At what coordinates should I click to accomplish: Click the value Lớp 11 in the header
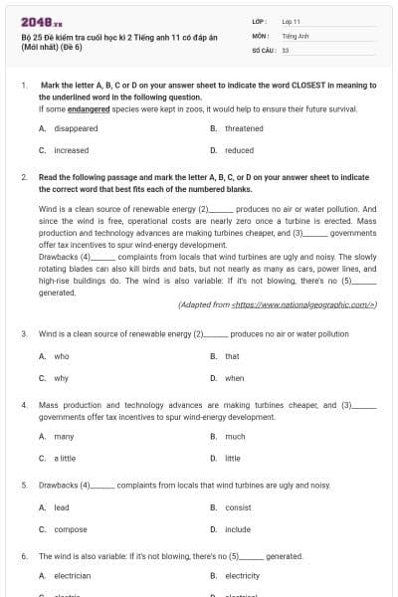(291, 20)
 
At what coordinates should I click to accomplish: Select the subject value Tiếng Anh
(294, 34)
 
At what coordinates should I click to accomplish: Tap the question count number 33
(286, 48)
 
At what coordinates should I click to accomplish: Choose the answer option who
(62, 356)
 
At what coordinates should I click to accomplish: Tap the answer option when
(235, 378)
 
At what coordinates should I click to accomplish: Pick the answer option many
(65, 436)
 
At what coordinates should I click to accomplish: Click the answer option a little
(65, 458)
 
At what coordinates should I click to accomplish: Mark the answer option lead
(62, 507)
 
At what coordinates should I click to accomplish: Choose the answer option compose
(71, 529)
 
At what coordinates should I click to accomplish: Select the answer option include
(238, 529)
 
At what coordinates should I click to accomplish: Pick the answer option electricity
(243, 575)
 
